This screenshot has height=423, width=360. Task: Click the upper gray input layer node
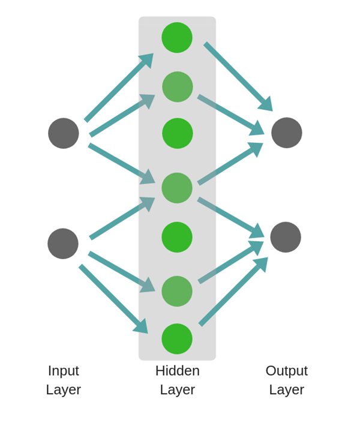tap(64, 133)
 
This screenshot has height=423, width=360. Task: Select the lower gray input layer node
tap(63, 244)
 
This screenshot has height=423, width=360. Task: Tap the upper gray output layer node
tap(287, 133)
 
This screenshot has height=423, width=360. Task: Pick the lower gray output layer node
tap(286, 237)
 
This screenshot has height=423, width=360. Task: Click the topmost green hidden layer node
tap(177, 38)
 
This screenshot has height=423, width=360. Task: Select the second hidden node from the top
tap(178, 87)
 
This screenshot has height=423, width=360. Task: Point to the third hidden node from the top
tap(178, 133)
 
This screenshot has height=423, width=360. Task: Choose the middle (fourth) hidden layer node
tap(177, 188)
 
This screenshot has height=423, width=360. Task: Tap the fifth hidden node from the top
tap(177, 237)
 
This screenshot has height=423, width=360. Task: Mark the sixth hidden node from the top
tap(177, 291)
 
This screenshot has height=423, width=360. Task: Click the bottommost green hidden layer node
tap(177, 339)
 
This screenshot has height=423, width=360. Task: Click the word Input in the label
tap(64, 371)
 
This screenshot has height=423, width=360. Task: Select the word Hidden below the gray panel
tap(178, 371)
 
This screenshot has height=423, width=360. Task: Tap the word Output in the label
tap(287, 371)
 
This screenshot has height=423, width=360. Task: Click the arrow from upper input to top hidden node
tap(117, 89)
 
